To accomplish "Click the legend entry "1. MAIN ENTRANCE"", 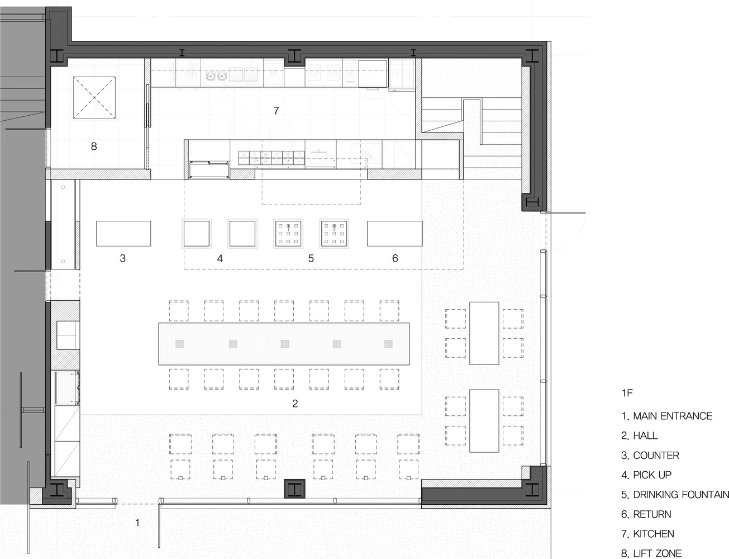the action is pos(666,416).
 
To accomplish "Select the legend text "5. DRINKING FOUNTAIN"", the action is pos(675,495).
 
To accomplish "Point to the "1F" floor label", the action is pos(627,393).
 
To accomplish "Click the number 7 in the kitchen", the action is pos(276,111).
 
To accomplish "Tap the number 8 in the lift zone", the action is pos(94,146).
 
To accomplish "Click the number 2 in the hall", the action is pos(295,403).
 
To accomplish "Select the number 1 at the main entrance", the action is pos(137,523).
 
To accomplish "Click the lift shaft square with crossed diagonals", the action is pos(94,98).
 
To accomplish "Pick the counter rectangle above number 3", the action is pos(123,234).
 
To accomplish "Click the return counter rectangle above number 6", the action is pos(395,234).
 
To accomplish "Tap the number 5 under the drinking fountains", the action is pos(311,258).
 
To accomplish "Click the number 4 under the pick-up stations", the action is pos(220,258).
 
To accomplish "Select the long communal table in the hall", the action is pos(284,344).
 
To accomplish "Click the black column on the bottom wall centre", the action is pos(294,489).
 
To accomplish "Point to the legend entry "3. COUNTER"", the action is pos(650,456).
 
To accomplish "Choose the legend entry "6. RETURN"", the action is pos(646,514).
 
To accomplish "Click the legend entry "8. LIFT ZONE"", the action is pos(651,553).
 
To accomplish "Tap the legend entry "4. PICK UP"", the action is pos(646,475).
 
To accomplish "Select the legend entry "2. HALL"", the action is pos(640,436).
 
